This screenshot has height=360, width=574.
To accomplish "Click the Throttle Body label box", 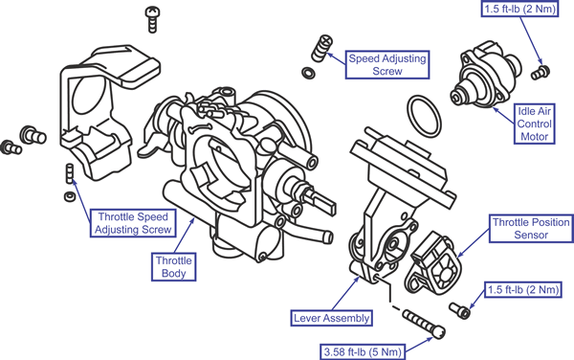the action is pyautogui.click(x=173, y=267).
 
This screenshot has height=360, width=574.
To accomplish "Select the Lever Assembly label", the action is pyautogui.click(x=331, y=318).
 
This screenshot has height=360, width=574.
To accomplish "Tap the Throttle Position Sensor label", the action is pyautogui.click(x=531, y=229).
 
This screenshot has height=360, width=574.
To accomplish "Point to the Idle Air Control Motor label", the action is pyautogui.click(x=535, y=124).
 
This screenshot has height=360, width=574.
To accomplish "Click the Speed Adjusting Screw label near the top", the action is pyautogui.click(x=387, y=65).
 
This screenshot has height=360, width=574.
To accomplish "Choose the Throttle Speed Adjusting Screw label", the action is pyautogui.click(x=133, y=223).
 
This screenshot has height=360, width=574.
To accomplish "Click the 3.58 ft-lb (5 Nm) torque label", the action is pyautogui.click(x=363, y=352).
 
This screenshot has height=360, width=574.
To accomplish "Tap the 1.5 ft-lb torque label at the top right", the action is pyautogui.click(x=519, y=9).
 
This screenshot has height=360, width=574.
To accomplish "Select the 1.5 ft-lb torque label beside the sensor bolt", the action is pyautogui.click(x=523, y=290).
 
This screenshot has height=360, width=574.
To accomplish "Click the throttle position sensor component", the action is pyautogui.click(x=432, y=264).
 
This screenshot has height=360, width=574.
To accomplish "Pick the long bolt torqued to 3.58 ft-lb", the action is pyautogui.click(x=424, y=324).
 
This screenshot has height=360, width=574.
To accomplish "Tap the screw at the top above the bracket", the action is pyautogui.click(x=152, y=19).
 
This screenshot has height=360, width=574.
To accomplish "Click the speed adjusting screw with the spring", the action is pyautogui.click(x=321, y=48).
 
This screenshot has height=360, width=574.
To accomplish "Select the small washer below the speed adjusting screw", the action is pyautogui.click(x=308, y=73).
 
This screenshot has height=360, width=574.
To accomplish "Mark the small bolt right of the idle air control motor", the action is pyautogui.click(x=541, y=72).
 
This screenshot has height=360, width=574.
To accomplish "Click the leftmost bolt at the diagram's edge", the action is pyautogui.click(x=11, y=147).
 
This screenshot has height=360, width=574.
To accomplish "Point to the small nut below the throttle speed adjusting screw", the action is pyautogui.click(x=70, y=196).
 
